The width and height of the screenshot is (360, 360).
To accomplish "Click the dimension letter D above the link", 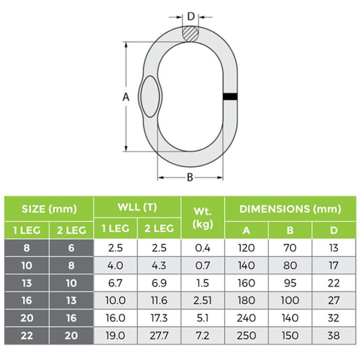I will pyautogui.click(x=191, y=16).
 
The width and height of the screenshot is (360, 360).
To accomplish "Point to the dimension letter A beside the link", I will pyautogui.click(x=126, y=97).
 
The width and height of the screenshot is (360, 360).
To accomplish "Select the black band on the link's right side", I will pyautogui.click(x=230, y=97).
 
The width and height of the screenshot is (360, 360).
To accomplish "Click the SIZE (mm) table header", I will pyautogui.click(x=49, y=209).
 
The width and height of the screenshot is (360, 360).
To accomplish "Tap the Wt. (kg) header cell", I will pyautogui.click(x=203, y=218).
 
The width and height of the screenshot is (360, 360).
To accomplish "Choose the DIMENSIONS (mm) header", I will pyautogui.click(x=290, y=209).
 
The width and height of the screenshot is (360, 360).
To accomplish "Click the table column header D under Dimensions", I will pyautogui.click(x=334, y=230).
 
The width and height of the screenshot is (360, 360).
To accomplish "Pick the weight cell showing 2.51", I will pyautogui.click(x=203, y=300).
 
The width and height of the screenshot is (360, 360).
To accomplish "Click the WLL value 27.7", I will pyautogui.click(x=159, y=336).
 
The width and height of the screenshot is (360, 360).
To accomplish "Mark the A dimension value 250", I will pyautogui.click(x=247, y=336).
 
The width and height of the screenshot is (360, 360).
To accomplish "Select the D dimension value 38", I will pyautogui.click(x=334, y=336).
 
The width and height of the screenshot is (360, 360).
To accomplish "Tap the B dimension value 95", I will pyautogui.click(x=290, y=283).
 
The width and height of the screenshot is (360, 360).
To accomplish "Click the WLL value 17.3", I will pyautogui.click(x=159, y=318).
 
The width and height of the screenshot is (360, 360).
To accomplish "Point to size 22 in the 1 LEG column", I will pyautogui.click(x=27, y=336).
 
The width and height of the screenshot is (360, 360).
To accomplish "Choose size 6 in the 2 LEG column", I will pyautogui.click(x=71, y=248).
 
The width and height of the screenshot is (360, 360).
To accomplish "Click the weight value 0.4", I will pyautogui.click(x=203, y=248).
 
